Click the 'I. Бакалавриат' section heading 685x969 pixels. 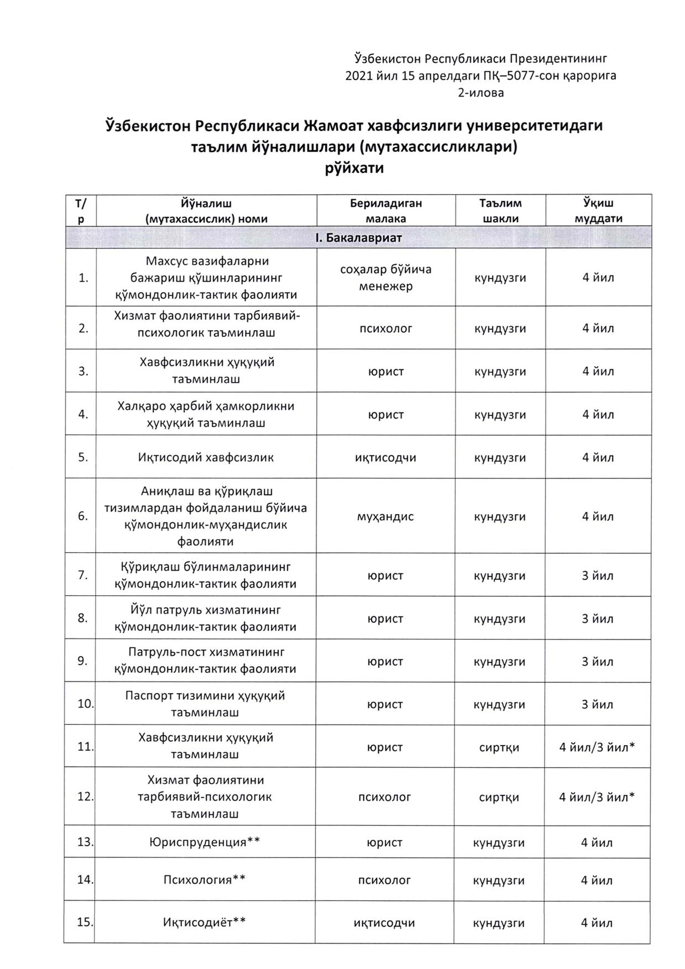click(x=358, y=238)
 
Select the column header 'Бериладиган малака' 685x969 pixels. click(x=386, y=210)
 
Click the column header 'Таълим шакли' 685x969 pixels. click(x=500, y=210)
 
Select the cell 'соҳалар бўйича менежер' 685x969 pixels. click(x=386, y=278)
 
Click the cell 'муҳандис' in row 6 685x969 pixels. click(x=385, y=517)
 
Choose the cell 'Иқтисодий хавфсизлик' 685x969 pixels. click(x=206, y=457)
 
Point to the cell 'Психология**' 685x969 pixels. click(x=204, y=880)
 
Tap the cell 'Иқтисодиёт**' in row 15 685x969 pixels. click(x=204, y=923)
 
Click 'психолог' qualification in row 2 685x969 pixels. click(x=386, y=328)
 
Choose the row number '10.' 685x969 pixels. click(x=85, y=704)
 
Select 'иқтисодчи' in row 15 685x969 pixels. click(x=384, y=923)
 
